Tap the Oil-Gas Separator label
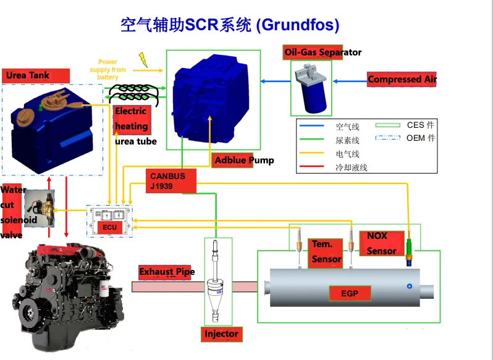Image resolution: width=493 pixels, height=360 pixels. pyautogui.click(x=322, y=52)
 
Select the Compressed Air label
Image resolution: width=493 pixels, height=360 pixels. pyautogui.click(x=402, y=79)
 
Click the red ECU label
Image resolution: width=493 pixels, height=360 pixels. pyautogui.click(x=109, y=227)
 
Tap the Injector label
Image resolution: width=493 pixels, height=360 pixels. pyautogui.click(x=221, y=334)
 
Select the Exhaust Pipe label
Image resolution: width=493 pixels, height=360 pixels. pyautogui.click(x=167, y=272)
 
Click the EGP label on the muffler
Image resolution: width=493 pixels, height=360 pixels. pyautogui.click(x=350, y=293)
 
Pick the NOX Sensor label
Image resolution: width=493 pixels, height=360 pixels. pyautogui.click(x=381, y=243)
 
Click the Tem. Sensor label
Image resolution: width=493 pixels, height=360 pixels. pyautogui.click(x=326, y=252)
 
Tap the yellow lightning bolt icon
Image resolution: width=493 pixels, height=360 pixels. pyautogui.click(x=144, y=59)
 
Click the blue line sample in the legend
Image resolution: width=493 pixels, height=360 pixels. pyautogui.click(x=313, y=127)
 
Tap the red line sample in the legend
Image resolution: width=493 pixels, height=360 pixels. pyautogui.click(x=313, y=167)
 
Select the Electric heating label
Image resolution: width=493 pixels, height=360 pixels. pyautogui.click(x=131, y=119)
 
